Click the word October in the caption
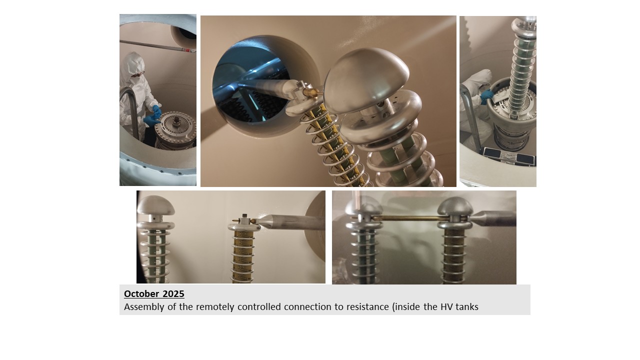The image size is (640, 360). (141, 293)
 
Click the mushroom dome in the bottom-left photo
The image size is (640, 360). (155, 205)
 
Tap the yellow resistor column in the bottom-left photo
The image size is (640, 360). (243, 256)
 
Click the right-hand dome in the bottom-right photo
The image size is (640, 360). (455, 206)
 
